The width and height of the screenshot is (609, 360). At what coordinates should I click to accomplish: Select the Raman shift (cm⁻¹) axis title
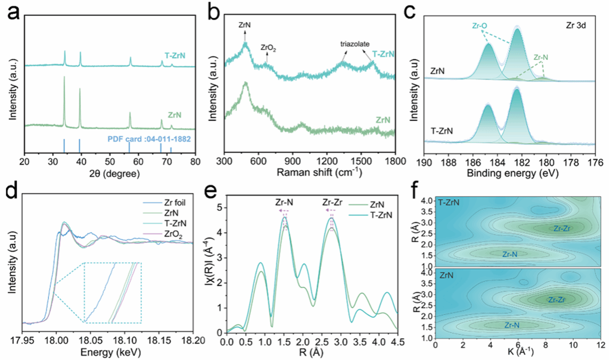pyautogui.click(x=309, y=173)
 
